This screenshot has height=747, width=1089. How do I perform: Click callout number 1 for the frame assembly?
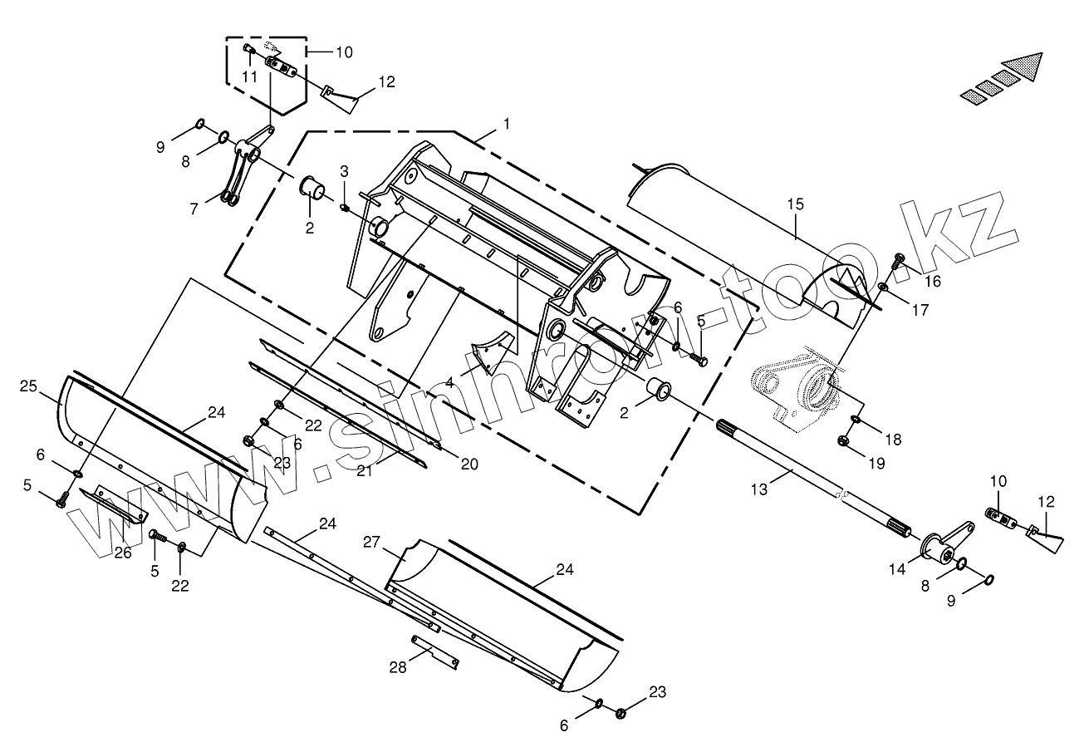506,123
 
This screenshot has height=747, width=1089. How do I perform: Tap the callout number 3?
343,171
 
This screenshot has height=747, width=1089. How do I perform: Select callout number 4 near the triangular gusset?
449,383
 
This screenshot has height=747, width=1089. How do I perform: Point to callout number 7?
194,209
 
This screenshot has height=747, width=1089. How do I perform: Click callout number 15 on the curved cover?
796,204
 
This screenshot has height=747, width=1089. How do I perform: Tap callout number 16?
932,281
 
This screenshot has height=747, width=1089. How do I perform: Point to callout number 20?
469,464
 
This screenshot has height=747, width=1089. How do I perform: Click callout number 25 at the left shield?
29,386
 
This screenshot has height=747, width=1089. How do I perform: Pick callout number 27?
370,542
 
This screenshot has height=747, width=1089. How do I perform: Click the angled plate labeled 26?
113,506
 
